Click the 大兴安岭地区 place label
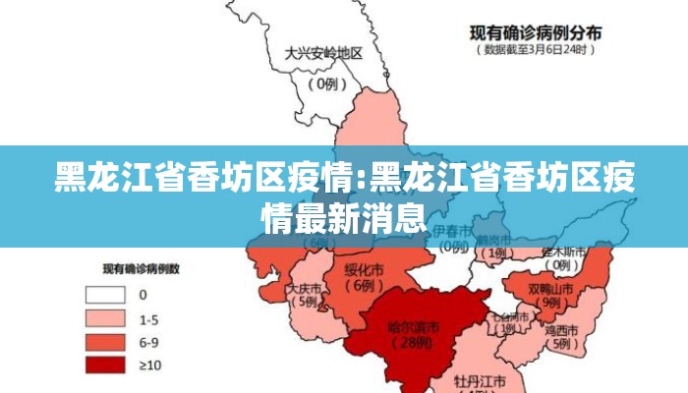(323, 54)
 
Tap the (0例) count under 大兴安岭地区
(325, 84)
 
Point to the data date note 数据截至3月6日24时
(536, 48)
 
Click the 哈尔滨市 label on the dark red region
(413, 327)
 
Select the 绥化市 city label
(365, 268)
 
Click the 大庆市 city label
(304, 289)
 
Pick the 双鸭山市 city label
(549, 290)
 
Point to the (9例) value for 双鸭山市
(551, 305)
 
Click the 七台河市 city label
(509, 317)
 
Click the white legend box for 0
(105, 294)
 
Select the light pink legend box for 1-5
(105, 318)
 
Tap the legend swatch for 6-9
(105, 342)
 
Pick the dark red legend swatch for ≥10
(105, 365)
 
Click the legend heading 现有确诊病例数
(148, 267)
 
